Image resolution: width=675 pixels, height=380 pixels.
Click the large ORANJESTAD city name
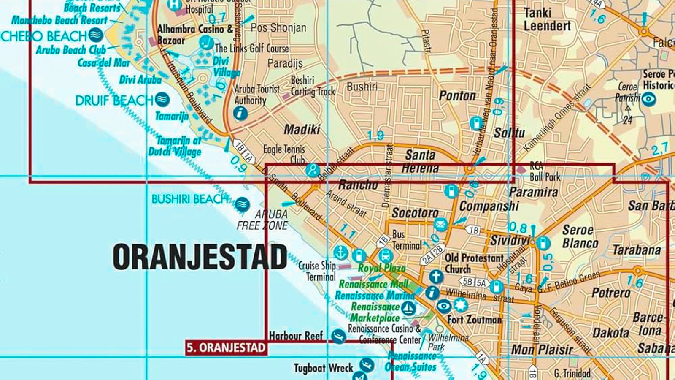click(x=200, y=257)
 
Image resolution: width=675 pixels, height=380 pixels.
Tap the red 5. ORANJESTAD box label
click(x=226, y=348)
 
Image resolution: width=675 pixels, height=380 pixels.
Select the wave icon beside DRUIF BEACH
click(x=162, y=100)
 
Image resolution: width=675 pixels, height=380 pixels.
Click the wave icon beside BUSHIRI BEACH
click(x=242, y=204)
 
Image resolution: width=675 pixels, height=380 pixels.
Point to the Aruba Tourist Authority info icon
click(x=240, y=113)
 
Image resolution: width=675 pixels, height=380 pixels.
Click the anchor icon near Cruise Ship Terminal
click(x=340, y=252)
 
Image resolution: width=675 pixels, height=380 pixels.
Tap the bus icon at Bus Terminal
click(x=386, y=256)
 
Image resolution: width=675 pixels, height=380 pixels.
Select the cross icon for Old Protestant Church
click(x=436, y=277)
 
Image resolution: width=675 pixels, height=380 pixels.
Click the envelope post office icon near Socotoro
click(x=440, y=224)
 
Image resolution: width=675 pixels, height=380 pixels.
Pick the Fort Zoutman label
click(x=475, y=320)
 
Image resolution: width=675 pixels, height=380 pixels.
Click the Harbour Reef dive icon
click(x=338, y=336)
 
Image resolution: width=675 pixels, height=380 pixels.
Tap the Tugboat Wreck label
click(x=323, y=368)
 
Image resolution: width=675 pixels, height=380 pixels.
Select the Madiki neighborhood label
click(x=302, y=129)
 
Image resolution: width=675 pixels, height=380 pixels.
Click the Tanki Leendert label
click(x=547, y=19)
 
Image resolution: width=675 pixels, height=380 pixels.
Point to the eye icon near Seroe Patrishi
click(x=649, y=99)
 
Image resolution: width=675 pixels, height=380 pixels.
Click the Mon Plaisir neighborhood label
click(x=542, y=350)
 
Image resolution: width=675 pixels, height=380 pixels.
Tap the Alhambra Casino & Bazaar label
click(x=195, y=35)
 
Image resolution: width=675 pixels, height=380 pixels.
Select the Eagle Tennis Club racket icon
click(x=313, y=170)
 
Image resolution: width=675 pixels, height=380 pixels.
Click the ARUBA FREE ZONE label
click(x=262, y=220)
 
